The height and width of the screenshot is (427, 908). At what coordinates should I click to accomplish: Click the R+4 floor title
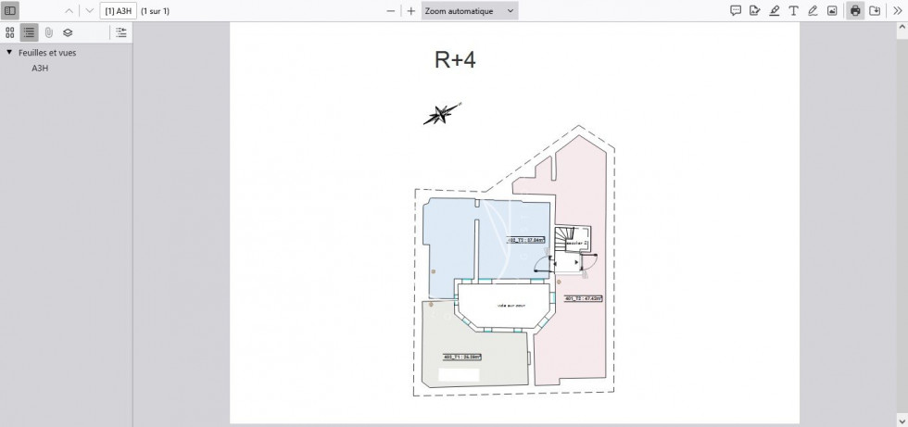(x=455, y=60)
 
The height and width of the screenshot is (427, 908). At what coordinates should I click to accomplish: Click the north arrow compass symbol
(x=440, y=114)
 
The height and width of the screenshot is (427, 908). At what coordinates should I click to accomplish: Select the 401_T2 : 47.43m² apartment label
(x=584, y=298)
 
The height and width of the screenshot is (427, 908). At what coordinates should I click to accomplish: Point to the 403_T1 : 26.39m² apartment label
(x=461, y=356)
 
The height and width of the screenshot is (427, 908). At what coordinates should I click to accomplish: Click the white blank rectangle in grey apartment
(x=459, y=375)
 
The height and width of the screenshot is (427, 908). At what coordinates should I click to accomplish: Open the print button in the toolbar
(x=855, y=11)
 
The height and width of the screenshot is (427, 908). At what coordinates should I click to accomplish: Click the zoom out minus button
(x=391, y=11)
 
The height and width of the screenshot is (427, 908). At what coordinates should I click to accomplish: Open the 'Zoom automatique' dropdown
(x=469, y=11)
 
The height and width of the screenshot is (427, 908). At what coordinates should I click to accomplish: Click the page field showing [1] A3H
(x=118, y=11)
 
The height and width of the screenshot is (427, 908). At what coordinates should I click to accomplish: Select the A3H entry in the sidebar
(x=40, y=69)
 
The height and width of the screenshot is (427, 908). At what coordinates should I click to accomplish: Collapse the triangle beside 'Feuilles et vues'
(x=9, y=53)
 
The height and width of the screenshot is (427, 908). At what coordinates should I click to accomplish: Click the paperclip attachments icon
(x=48, y=32)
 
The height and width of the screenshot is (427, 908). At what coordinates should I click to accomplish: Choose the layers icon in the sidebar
(x=68, y=32)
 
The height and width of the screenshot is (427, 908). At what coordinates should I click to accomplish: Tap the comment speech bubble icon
(x=736, y=11)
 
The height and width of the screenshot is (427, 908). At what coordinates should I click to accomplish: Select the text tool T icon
(x=793, y=11)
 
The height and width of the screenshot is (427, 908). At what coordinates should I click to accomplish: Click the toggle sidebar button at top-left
(x=11, y=11)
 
